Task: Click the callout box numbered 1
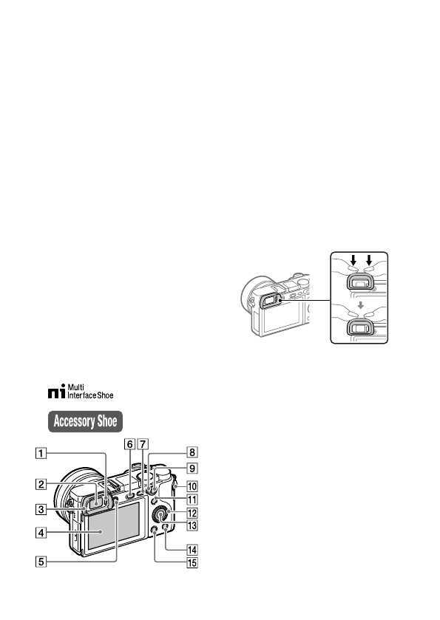(41, 452)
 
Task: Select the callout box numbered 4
(41, 533)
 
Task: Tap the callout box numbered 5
(41, 562)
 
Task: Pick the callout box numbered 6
(130, 443)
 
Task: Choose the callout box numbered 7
(143, 443)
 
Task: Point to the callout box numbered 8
(192, 452)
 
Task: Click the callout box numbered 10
(192, 486)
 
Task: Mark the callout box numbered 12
(192, 514)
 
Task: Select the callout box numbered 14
(192, 550)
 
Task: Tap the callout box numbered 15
(192, 562)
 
